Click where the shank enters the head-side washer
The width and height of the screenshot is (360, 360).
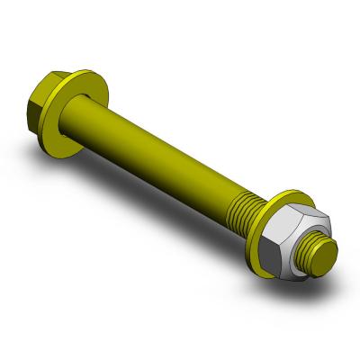point(99,112)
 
